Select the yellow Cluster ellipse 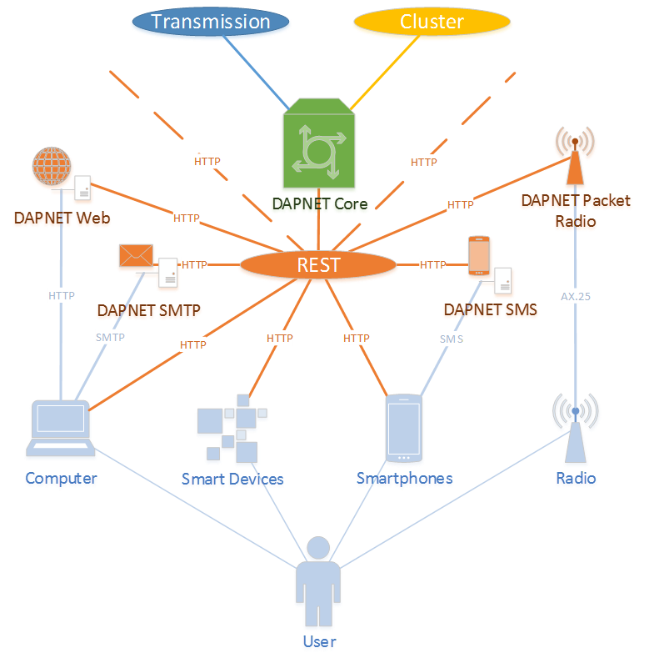coord(432,22)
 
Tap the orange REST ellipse coord(318,265)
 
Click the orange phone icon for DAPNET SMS coord(478,255)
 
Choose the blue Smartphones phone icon coord(404,428)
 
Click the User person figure coord(318,584)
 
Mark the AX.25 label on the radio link coord(576,296)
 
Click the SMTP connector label coord(110,337)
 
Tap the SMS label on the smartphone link coord(452,339)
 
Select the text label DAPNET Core coord(320,203)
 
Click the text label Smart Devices coord(232,479)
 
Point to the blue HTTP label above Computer coord(62,295)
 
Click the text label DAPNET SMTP coord(149,310)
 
